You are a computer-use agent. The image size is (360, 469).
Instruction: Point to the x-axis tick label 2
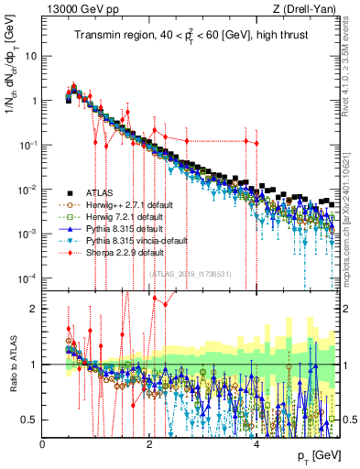tap(150, 444)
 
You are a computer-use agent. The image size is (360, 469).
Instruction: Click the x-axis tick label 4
tap(256, 444)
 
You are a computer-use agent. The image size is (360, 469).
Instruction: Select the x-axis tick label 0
tap(43, 444)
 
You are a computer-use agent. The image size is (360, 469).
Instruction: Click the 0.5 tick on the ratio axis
tap(30, 420)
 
